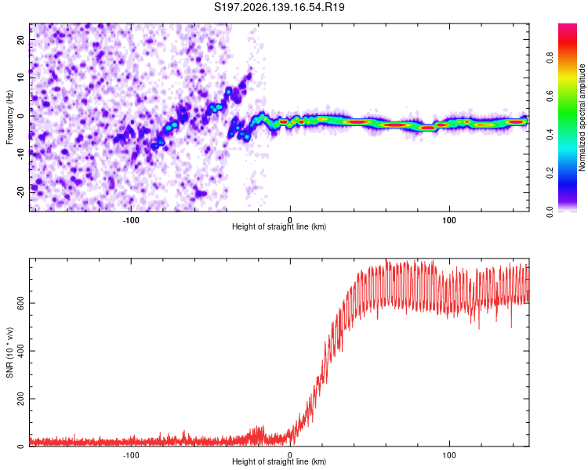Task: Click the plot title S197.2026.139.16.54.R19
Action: (x=279, y=7)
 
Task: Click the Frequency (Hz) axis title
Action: (x=9, y=117)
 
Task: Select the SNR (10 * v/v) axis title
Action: (x=9, y=352)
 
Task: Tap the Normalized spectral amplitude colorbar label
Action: (x=582, y=117)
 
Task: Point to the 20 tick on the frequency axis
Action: (x=20, y=39)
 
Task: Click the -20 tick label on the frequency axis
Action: (x=20, y=192)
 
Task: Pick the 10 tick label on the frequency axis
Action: (x=20, y=78)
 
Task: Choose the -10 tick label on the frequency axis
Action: (x=20, y=154)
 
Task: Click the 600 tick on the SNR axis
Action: (x=20, y=303)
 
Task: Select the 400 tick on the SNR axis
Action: (x=20, y=351)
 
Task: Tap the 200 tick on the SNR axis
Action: (x=20, y=399)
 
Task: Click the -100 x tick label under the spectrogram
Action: (x=130, y=220)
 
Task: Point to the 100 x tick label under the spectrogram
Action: (x=449, y=220)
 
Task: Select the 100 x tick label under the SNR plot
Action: (x=449, y=455)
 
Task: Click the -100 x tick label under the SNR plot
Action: (x=130, y=455)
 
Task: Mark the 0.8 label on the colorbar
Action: (x=550, y=58)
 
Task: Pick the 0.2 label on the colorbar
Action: (x=550, y=173)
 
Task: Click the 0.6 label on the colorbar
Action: (x=550, y=96)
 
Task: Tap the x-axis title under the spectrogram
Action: (x=279, y=226)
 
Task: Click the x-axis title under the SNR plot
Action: (x=279, y=461)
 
